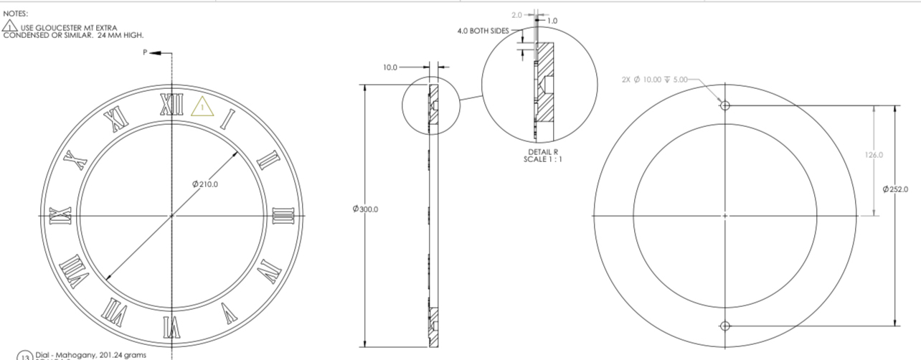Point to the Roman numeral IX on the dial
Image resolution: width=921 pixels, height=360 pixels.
[60, 215]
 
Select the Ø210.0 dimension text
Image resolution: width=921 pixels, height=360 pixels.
[205, 184]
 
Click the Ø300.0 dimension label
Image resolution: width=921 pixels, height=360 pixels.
[366, 209]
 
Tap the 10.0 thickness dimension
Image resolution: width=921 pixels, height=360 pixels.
[389, 67]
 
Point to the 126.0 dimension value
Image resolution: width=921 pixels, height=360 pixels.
[874, 155]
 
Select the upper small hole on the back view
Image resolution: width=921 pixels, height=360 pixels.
[724, 105]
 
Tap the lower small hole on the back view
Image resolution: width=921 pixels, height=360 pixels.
[724, 326]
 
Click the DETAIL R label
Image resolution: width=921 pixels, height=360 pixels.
[539, 152]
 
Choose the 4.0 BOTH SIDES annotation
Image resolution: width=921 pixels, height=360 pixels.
[483, 31]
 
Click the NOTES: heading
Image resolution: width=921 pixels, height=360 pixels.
[15, 14]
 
